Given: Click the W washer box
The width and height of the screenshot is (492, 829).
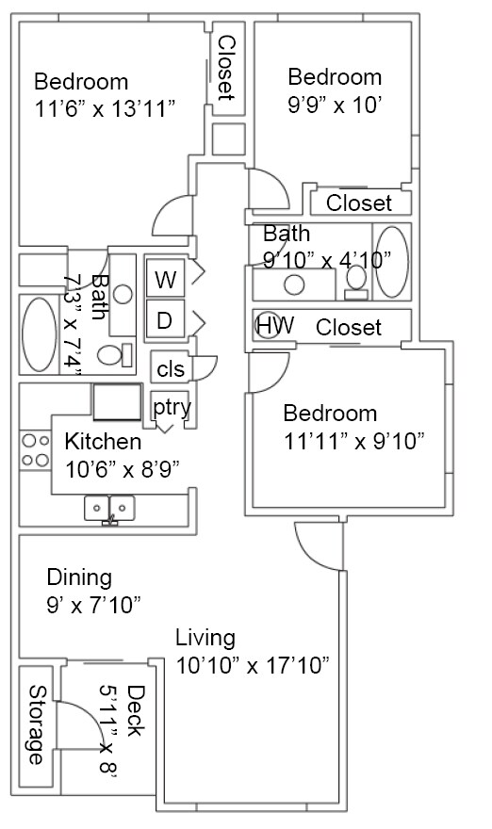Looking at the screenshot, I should (165, 280).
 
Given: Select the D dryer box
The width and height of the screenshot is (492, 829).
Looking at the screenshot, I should (165, 320).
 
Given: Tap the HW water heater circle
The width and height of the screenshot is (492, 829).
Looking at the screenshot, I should (274, 326).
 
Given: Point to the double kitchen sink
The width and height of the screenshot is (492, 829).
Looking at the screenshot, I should (111, 508).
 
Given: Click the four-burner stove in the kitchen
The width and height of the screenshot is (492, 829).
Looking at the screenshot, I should (36, 449).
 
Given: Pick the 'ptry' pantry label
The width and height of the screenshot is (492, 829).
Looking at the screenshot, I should (172, 408).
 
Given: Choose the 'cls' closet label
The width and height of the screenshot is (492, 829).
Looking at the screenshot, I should (171, 367).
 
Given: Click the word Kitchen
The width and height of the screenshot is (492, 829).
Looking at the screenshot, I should (103, 441).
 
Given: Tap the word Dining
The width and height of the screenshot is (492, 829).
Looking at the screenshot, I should (79, 577).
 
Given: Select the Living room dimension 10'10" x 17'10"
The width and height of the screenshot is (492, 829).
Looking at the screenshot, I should (253, 665).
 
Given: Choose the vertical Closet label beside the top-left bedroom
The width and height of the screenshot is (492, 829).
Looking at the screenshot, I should (226, 67).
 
